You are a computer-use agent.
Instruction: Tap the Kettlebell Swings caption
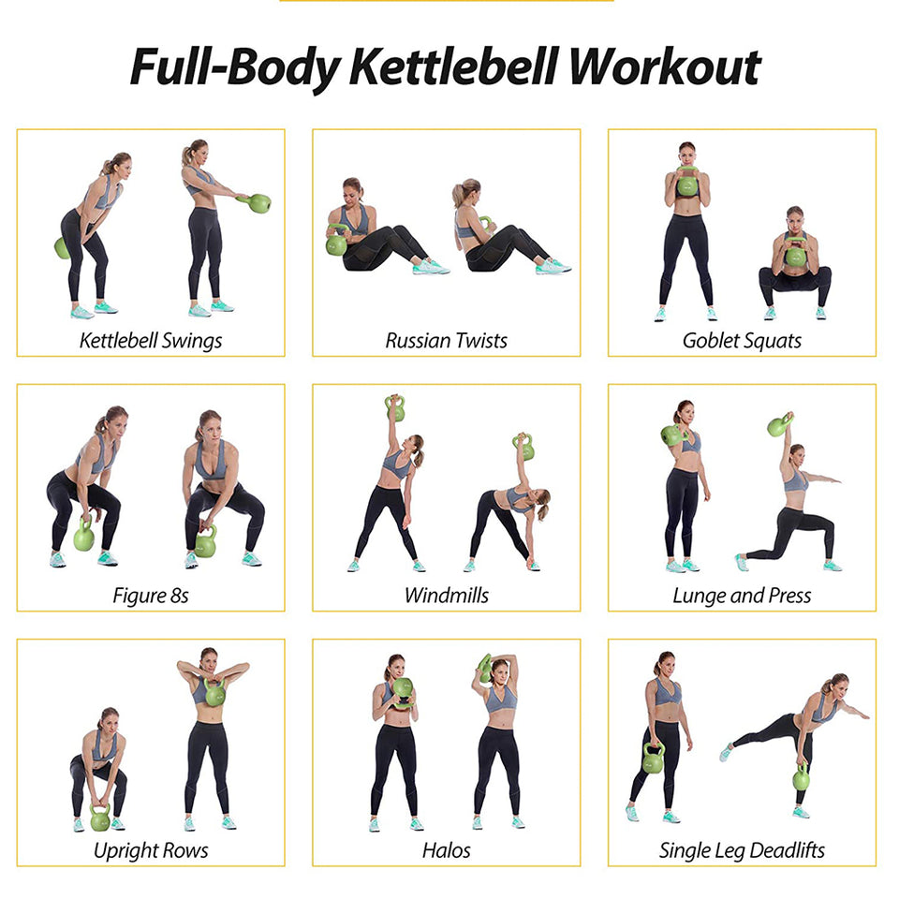coord(151,340)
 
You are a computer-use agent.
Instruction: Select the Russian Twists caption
coord(447,340)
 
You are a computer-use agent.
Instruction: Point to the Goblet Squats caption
coord(742,340)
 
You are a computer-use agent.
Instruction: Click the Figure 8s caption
coord(151,596)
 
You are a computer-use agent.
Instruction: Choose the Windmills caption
coord(447,596)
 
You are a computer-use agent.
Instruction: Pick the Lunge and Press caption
coord(742,596)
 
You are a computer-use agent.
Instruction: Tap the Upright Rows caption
coord(151,850)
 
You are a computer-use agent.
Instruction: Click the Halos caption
coord(447,850)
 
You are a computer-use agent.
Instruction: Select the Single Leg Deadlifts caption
coord(742,850)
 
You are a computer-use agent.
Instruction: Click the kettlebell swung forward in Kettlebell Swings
coord(258,202)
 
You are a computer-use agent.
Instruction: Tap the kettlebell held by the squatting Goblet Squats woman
coord(795,254)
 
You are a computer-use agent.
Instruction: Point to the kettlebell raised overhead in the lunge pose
coord(778,426)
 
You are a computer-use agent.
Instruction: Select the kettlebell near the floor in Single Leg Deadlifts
coord(802,777)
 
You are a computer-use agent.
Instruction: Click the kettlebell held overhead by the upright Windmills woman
coord(395,409)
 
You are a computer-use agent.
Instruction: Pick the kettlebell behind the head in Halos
coord(485,669)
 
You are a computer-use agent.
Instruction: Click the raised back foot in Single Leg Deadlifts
coord(727,751)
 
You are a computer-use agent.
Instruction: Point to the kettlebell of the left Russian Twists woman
coord(337,244)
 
